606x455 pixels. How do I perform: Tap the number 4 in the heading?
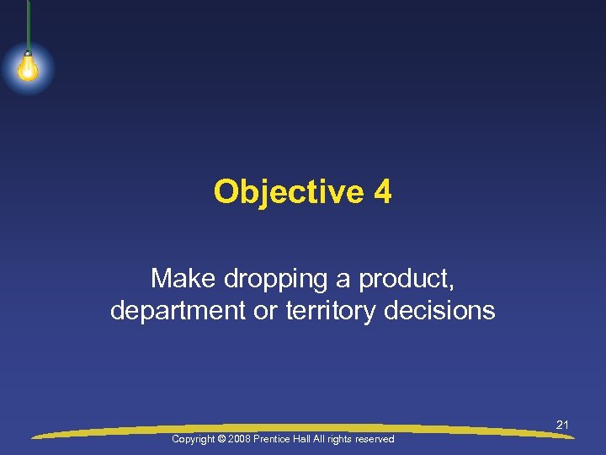tap(383, 192)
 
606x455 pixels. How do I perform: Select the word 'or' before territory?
tap(271, 311)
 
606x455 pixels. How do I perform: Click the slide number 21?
tap(562, 426)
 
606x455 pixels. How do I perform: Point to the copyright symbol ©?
tap(224, 439)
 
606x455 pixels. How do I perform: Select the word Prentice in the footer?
tap(279, 439)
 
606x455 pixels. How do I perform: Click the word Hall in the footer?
tap(311, 439)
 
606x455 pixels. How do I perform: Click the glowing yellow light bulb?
tap(28, 68)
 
